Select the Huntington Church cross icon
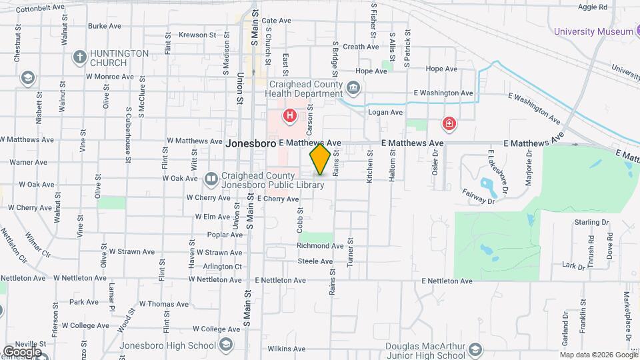79,57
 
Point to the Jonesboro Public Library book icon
211,179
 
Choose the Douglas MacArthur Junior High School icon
475,350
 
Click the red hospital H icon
289,116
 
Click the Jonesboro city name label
251,143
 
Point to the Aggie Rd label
593,7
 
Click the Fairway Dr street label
479,196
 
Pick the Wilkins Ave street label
287,349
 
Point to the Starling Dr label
587,222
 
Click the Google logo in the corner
21,351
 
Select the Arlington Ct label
223,266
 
